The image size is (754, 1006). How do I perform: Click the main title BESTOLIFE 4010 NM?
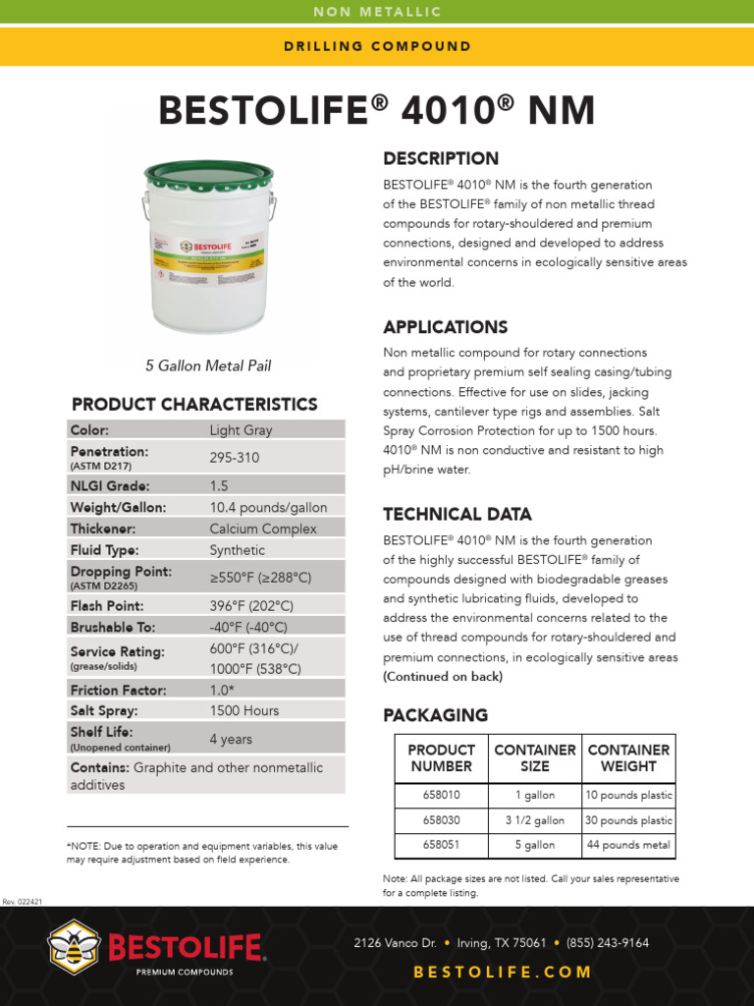click(377, 111)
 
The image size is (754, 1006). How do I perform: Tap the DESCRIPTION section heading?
click(441, 159)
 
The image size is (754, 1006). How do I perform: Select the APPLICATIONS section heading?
click(445, 327)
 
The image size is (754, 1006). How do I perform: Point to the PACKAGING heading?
click(435, 715)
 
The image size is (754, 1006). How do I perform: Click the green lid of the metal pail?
click(208, 175)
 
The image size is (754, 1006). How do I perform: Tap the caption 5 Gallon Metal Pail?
click(208, 365)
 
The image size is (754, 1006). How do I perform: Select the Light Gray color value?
click(241, 429)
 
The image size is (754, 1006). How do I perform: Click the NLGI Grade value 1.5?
click(220, 484)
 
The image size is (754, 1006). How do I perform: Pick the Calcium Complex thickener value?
click(263, 529)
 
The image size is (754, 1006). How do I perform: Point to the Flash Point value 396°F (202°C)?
click(250, 606)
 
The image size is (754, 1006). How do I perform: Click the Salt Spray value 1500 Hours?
click(243, 710)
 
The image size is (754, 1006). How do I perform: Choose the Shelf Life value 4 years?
click(231, 738)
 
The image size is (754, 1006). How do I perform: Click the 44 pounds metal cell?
click(628, 845)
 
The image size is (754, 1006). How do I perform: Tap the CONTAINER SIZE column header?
click(534, 757)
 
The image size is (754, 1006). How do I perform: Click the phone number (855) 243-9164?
click(609, 943)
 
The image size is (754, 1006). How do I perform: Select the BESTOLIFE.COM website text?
click(503, 972)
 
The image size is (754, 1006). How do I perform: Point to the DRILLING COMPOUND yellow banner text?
click(377, 46)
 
